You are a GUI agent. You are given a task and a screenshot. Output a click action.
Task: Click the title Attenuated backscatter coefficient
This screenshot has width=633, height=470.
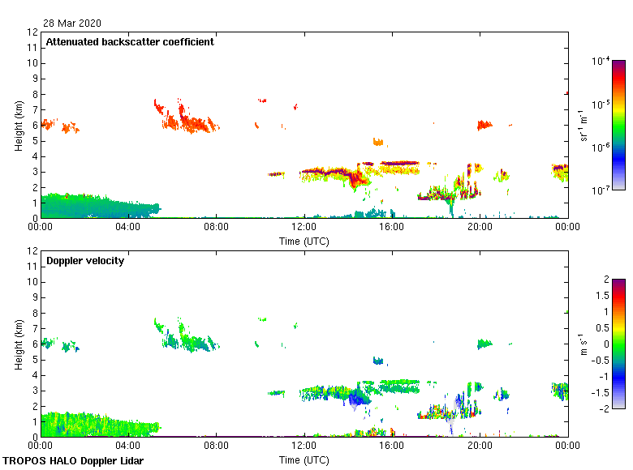click(x=130, y=42)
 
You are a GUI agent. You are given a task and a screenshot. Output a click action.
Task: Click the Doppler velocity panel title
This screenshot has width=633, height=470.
click(x=85, y=261)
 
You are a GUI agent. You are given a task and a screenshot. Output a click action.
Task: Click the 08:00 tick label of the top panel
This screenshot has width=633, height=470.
click(x=216, y=229)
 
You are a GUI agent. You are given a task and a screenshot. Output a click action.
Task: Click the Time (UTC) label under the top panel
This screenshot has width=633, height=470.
click(x=304, y=241)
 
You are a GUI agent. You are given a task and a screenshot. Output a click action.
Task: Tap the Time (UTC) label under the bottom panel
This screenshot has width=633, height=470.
click(x=304, y=459)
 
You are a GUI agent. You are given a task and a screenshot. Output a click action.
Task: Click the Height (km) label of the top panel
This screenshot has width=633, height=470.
click(x=19, y=125)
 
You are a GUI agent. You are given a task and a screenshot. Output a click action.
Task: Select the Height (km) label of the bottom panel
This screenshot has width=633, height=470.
click(x=19, y=344)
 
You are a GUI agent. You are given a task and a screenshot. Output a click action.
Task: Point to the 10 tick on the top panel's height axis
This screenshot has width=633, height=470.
click(x=33, y=63)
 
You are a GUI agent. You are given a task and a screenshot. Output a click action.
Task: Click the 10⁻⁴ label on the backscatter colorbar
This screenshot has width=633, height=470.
click(x=601, y=61)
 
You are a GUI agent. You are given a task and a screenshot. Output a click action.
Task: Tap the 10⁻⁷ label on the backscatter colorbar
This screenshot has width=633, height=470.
click(x=601, y=190)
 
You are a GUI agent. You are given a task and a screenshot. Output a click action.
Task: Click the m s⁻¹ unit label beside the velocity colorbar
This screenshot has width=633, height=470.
click(x=582, y=344)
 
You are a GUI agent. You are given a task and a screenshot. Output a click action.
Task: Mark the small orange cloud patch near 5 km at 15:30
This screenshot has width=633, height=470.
click(x=377, y=142)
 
